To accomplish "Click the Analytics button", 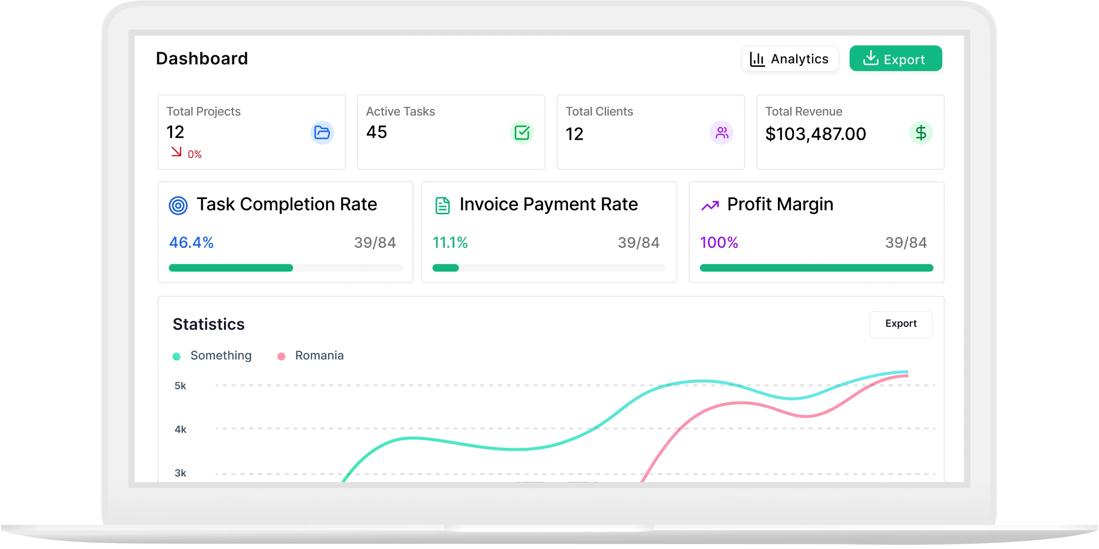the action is (x=790, y=59).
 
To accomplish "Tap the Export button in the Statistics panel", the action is (x=901, y=324).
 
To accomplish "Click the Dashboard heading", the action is (x=202, y=58).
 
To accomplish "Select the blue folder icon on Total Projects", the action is (x=322, y=132).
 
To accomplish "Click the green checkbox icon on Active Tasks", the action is (x=522, y=132).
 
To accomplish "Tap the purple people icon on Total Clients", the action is (x=722, y=132).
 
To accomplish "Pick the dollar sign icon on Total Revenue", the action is (x=921, y=132).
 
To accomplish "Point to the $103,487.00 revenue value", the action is (x=815, y=134).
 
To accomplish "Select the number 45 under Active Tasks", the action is (x=376, y=132).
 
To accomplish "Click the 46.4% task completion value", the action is (x=191, y=242).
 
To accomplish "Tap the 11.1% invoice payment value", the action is (x=450, y=242).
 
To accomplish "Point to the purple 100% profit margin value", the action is (x=719, y=242).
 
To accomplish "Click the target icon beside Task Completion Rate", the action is (x=178, y=205).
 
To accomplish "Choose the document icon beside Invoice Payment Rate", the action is (x=442, y=205).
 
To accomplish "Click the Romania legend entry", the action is (x=311, y=355).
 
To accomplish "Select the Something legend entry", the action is (x=212, y=355).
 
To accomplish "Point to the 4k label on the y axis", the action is (x=181, y=430).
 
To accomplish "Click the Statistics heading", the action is (x=209, y=324).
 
